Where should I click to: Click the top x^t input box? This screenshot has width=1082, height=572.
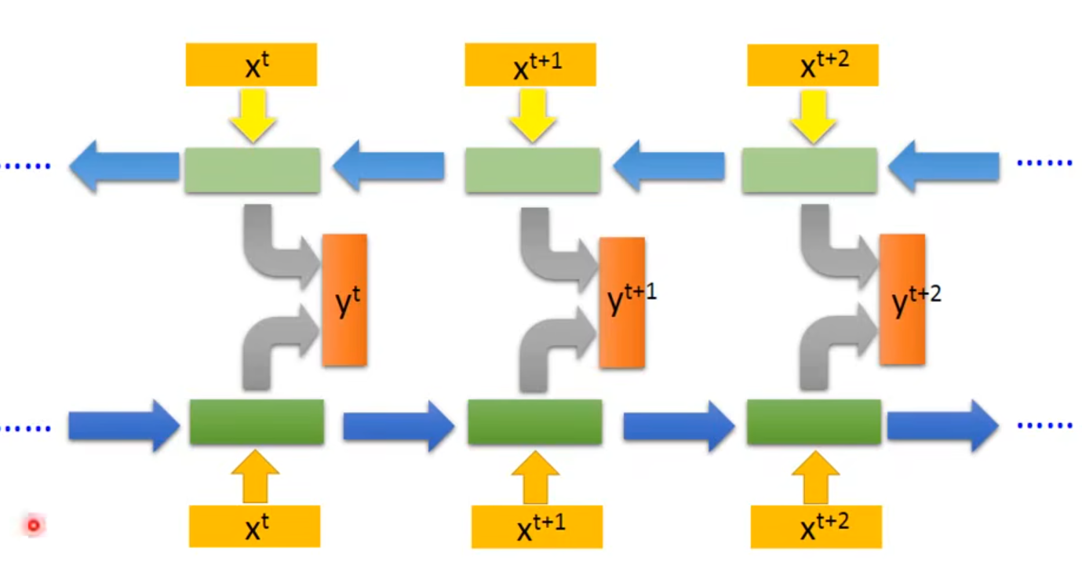(251, 64)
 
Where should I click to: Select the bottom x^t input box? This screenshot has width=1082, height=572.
(254, 526)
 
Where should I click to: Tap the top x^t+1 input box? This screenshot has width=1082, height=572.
(530, 64)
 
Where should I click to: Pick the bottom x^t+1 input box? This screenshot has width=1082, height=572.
(537, 526)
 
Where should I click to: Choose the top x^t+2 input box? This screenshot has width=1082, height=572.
(812, 64)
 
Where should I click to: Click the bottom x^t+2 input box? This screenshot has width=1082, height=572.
(816, 526)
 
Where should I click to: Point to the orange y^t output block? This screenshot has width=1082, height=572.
(344, 300)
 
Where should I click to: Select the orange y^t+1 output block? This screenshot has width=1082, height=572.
(622, 303)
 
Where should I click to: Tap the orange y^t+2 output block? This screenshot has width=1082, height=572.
(902, 299)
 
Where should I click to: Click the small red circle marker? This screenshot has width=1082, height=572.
(34, 525)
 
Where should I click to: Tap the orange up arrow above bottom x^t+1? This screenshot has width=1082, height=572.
(535, 477)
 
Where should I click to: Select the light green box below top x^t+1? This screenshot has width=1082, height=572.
(533, 170)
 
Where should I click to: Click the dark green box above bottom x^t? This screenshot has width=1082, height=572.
(257, 422)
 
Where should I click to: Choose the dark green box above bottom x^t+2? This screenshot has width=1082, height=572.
(814, 422)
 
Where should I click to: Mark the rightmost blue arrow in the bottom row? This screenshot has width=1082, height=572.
(942, 425)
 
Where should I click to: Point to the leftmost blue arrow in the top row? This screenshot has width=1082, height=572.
(124, 166)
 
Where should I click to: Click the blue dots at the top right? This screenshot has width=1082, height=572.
(1044, 163)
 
